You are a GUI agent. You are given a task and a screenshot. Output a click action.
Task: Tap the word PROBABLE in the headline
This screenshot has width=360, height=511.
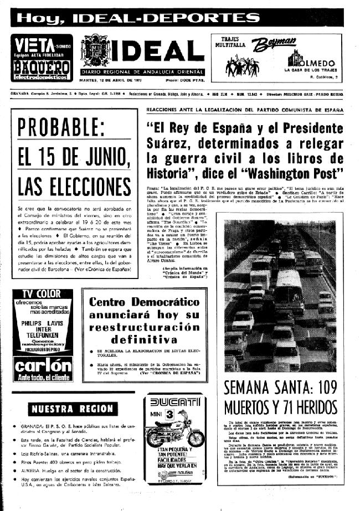pos(70,128)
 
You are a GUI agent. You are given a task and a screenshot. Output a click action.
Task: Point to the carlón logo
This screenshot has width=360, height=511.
pos(43,367)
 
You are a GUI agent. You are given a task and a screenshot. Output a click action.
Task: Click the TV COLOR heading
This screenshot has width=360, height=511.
pos(43,293)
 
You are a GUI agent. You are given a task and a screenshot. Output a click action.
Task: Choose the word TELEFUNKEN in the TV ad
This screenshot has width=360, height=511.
pos(43,327)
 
